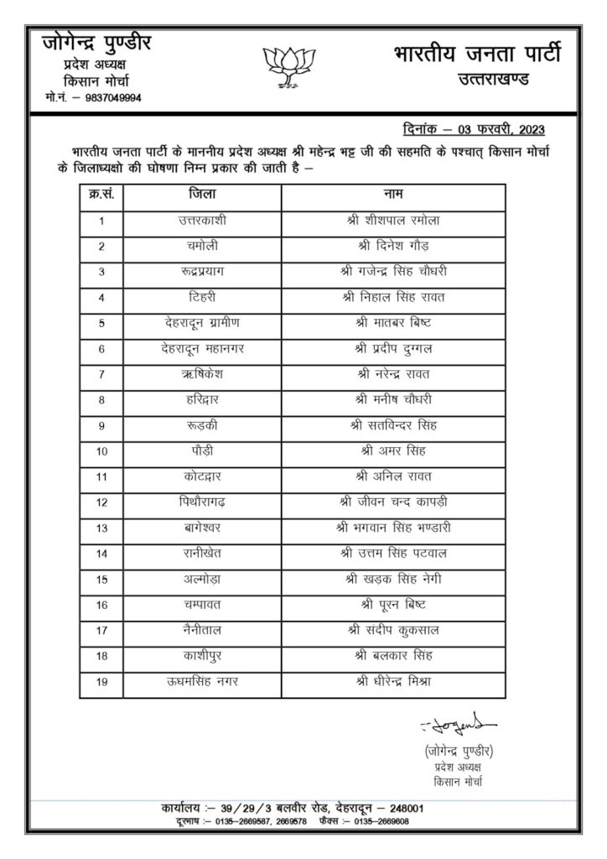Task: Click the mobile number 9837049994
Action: click(108, 98)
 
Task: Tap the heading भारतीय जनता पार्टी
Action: click(476, 55)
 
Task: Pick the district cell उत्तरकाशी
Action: click(202, 221)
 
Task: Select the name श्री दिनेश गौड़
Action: click(392, 247)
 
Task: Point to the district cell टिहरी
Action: click(202, 297)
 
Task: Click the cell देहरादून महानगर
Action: click(202, 347)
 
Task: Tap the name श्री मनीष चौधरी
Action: click(392, 398)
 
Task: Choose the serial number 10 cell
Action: click(101, 451)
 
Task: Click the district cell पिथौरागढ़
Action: click(202, 502)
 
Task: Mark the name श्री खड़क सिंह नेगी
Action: click(392, 580)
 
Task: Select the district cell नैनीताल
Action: click(202, 630)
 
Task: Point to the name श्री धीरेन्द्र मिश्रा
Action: click(392, 682)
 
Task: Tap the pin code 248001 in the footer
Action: click(402, 809)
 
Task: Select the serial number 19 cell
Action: click(101, 682)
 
